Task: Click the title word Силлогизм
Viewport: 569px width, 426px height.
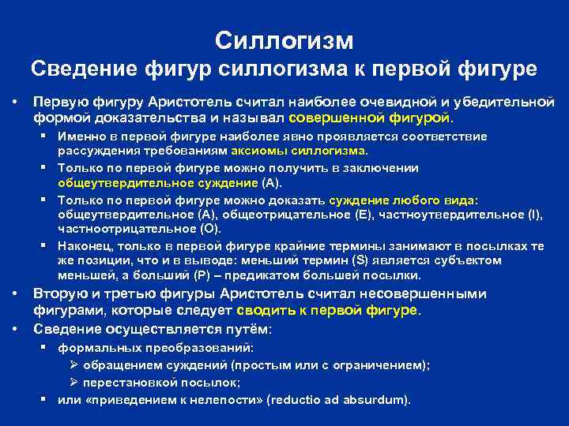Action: [x=284, y=39]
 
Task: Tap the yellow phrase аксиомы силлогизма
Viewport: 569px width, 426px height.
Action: [x=316, y=151]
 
